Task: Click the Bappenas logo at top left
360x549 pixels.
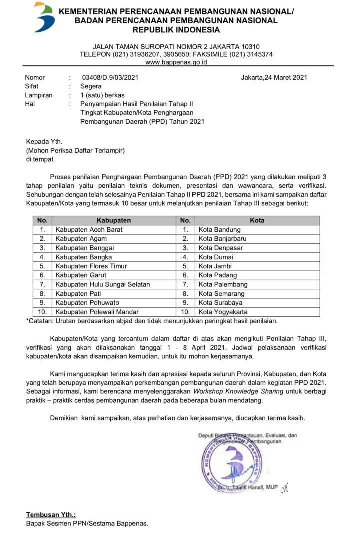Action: pyautogui.click(x=43, y=17)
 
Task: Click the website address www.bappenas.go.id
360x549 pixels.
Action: pyautogui.click(x=176, y=62)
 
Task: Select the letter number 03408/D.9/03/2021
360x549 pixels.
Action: pyautogui.click(x=110, y=77)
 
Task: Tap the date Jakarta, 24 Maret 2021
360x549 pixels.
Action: pyautogui.click(x=274, y=77)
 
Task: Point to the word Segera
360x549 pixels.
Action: pyautogui.click(x=91, y=86)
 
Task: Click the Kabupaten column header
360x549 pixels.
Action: pyautogui.click(x=114, y=220)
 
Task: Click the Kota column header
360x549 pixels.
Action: pyautogui.click(x=257, y=220)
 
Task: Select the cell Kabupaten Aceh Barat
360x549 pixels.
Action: pyautogui.click(x=89, y=230)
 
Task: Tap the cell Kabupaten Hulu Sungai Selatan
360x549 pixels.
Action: pyautogui.click(x=103, y=284)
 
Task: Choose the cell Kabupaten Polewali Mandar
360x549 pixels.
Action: pyautogui.click(x=97, y=312)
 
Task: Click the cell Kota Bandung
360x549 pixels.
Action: pyautogui.click(x=219, y=230)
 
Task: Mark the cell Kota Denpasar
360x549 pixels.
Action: pyautogui.click(x=221, y=248)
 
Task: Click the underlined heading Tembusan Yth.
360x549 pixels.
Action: pyautogui.click(x=51, y=515)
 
